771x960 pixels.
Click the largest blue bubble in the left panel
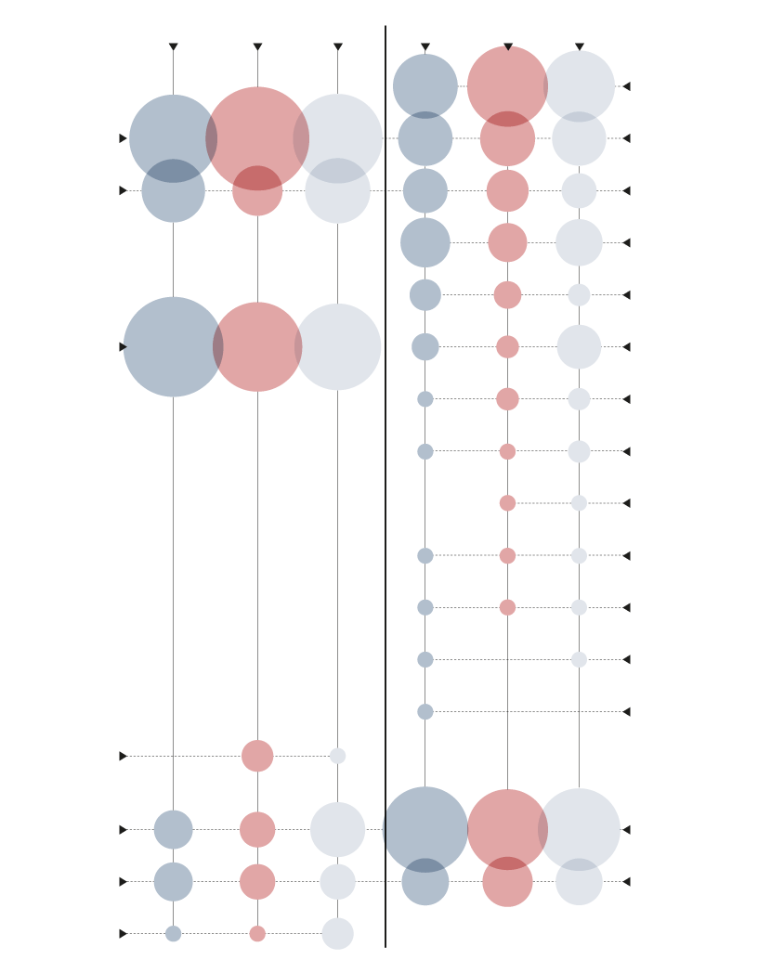point(173,346)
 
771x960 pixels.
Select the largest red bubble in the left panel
point(257,138)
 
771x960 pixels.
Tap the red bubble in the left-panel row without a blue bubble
point(257,756)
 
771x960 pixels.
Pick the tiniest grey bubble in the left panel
point(337,756)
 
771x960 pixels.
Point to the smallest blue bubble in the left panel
point(173,933)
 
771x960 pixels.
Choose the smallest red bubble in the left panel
point(257,933)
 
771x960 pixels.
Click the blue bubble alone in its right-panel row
point(425,711)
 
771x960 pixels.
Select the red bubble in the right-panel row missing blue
point(507,503)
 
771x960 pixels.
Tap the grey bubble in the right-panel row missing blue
point(579,503)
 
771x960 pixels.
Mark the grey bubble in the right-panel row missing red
point(579,659)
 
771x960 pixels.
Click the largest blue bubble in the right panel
point(425,829)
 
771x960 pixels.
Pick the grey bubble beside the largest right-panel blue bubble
point(579,829)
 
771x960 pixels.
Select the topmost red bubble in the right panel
point(507,86)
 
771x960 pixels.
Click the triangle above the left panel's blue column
point(173,46)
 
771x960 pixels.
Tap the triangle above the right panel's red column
point(507,46)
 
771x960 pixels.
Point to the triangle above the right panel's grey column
point(579,46)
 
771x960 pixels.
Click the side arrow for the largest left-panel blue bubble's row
point(123,346)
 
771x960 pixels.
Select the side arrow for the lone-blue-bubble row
point(626,711)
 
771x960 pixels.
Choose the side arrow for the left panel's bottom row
point(123,933)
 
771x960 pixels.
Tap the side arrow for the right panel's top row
point(626,86)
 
